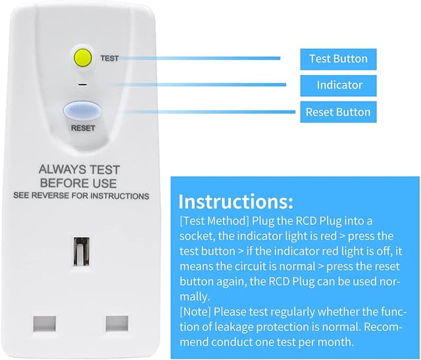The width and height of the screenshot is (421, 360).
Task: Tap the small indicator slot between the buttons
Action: click(x=82, y=85)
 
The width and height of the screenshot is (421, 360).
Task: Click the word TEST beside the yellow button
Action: click(x=109, y=59)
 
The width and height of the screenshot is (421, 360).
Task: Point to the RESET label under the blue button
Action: click(x=82, y=128)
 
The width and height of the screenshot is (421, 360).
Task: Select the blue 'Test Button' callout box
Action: click(x=338, y=59)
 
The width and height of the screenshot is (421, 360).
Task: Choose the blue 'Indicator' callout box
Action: click(x=339, y=85)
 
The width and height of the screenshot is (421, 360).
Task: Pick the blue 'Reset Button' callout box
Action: click(x=338, y=111)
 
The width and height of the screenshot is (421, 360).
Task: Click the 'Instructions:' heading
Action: click(x=235, y=201)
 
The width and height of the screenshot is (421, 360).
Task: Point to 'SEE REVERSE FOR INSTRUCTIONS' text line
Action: click(x=82, y=196)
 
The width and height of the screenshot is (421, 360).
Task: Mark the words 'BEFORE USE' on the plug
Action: click(x=78, y=182)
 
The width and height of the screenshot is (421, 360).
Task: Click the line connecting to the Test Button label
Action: click(x=204, y=58)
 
